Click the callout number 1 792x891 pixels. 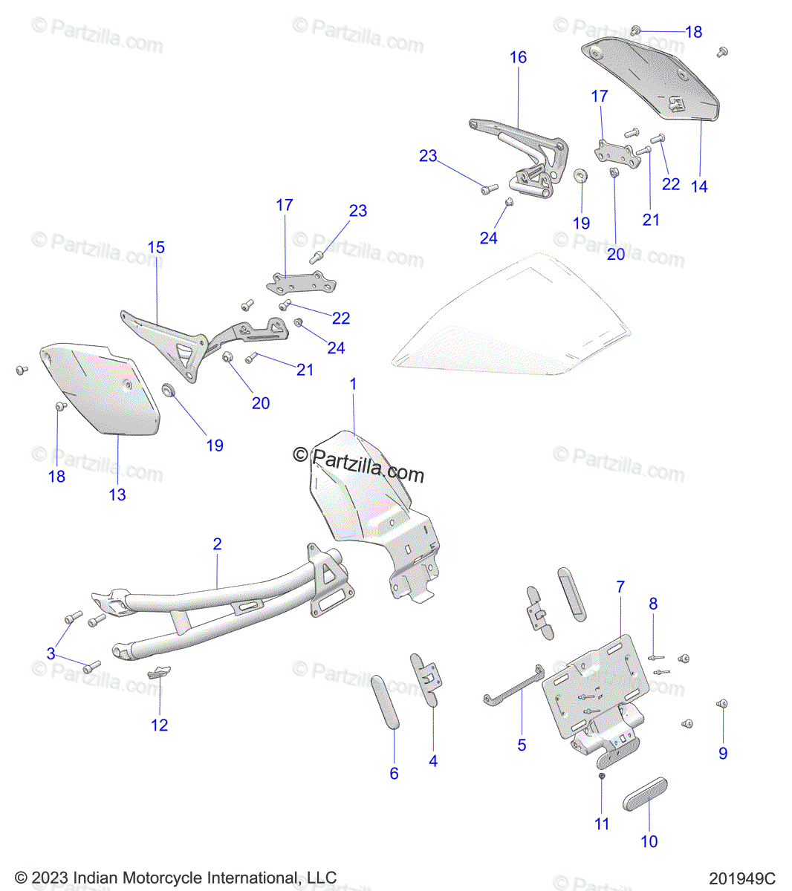click(x=354, y=385)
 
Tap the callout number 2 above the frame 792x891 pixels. click(x=217, y=544)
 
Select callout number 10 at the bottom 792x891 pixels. click(x=649, y=841)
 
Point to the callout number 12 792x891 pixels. click(x=160, y=725)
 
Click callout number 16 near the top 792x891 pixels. click(x=518, y=58)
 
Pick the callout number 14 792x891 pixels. click(x=699, y=186)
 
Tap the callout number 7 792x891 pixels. click(x=620, y=587)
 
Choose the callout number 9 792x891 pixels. click(x=723, y=753)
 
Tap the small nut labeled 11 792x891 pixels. click(x=602, y=776)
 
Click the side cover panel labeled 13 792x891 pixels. click(x=100, y=390)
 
